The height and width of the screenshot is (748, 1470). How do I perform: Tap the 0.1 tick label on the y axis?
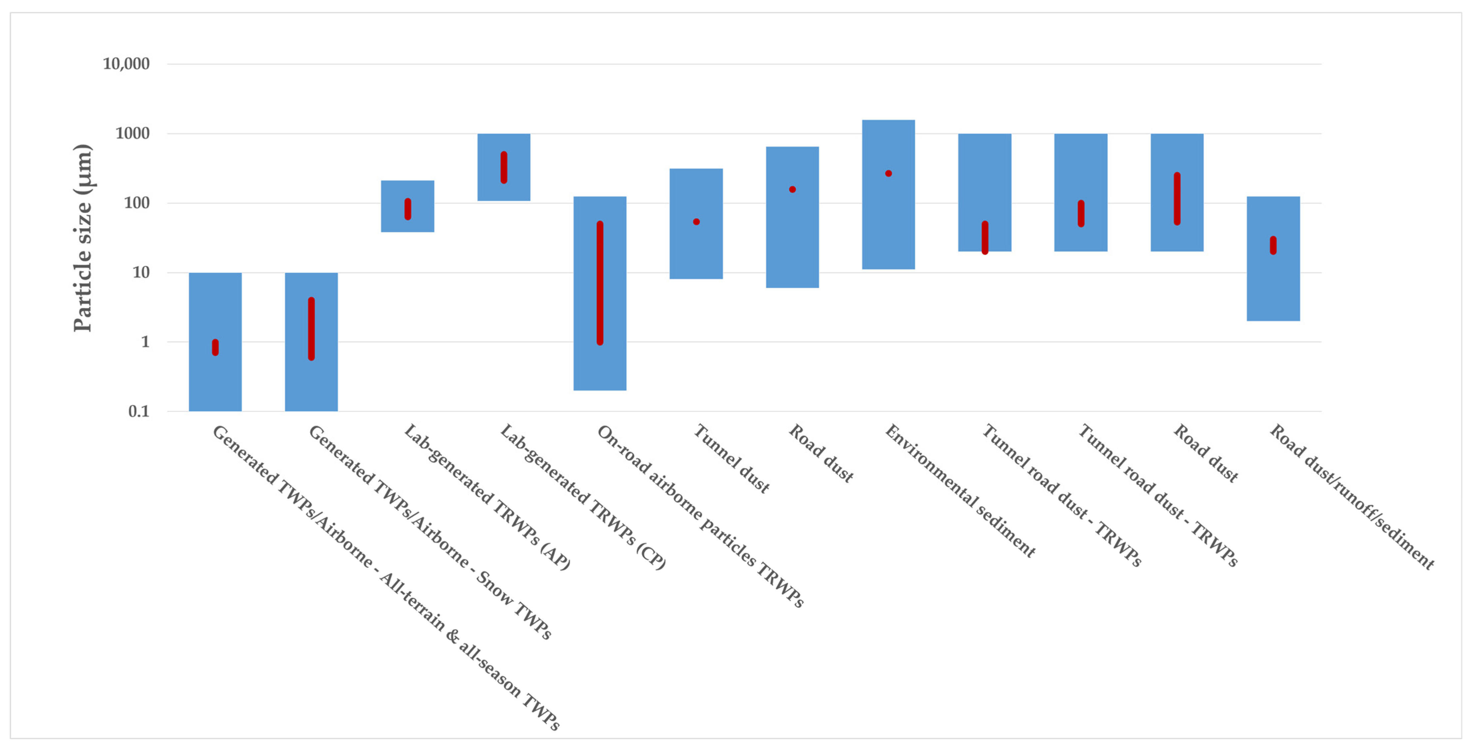point(139,411)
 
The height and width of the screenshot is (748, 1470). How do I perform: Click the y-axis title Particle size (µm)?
point(83,237)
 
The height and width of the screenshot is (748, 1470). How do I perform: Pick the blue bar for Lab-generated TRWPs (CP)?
point(504,167)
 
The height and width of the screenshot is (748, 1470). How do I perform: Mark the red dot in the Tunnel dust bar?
point(696,222)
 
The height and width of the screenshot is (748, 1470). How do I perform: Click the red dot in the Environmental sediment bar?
point(889,174)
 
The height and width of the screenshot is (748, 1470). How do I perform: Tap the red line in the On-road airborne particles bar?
point(600,283)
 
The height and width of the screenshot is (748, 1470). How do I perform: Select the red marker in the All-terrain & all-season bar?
point(215,347)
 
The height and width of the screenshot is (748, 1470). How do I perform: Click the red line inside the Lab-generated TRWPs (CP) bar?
point(504,167)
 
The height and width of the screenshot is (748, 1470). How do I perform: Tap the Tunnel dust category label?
point(731,458)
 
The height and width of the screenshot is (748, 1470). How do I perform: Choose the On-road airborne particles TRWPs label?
point(700,516)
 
